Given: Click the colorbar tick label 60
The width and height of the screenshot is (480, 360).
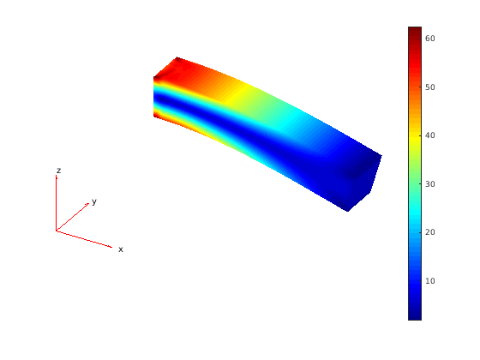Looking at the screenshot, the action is coord(430,39).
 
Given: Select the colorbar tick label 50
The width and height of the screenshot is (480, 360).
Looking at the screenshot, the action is coord(430,87).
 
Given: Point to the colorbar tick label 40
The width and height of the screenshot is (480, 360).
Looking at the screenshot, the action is coord(430,135).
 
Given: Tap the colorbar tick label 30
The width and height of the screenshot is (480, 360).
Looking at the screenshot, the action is coord(430,184).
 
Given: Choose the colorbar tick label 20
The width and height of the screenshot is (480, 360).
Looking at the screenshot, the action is coord(430,232).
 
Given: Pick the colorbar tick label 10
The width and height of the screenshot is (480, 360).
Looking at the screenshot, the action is coord(430,281).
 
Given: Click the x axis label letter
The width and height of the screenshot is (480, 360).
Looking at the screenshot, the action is coord(121,249).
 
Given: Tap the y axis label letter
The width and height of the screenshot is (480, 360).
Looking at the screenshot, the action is coord(94,201).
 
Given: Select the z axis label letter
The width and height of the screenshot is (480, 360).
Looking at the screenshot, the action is coord(59,171).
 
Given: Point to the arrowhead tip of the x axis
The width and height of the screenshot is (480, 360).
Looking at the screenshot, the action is coord(112,247).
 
